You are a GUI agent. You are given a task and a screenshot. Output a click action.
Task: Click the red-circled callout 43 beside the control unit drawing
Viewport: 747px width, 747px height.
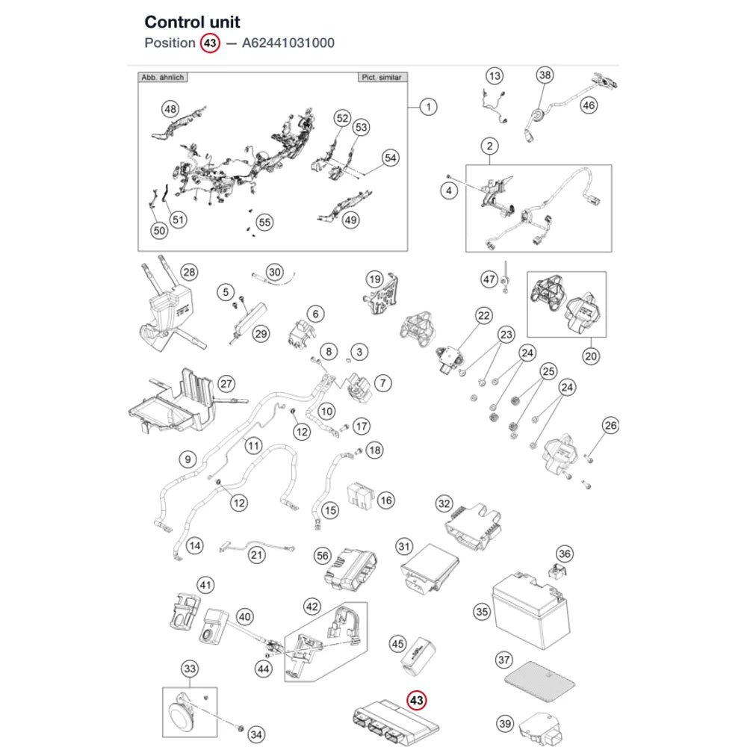tap(416, 701)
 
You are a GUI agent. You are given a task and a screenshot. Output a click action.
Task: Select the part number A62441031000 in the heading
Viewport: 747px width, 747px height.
tap(288, 43)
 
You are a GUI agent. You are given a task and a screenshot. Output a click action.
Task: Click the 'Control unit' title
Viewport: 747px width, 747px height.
tap(193, 22)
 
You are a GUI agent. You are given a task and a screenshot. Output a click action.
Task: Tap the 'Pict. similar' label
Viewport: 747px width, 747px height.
tap(382, 77)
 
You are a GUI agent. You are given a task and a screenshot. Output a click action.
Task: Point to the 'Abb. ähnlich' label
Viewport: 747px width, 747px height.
tap(162, 77)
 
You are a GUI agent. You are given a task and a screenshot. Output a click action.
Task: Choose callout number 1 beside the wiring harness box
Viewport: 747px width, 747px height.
tap(428, 107)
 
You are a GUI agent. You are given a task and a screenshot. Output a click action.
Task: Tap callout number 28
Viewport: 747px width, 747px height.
tap(189, 272)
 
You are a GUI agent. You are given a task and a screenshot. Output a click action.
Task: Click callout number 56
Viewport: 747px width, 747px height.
tap(323, 556)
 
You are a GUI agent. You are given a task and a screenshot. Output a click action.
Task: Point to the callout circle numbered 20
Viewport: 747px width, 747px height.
tap(591, 356)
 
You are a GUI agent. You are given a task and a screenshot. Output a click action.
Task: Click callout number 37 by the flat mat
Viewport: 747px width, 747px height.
tap(504, 660)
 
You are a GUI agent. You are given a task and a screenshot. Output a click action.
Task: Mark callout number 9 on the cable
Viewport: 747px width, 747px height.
tap(187, 459)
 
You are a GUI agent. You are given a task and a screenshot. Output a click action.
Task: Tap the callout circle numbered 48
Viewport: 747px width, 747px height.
tap(170, 109)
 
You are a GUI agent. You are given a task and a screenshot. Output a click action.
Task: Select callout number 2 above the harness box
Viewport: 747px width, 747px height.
tap(490, 146)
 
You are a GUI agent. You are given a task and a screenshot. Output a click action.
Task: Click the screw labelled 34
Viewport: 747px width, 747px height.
tap(241, 728)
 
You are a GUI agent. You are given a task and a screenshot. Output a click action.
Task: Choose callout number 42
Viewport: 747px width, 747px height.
tap(312, 607)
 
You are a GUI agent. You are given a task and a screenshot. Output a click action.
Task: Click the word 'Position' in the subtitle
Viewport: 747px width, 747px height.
tap(170, 43)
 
